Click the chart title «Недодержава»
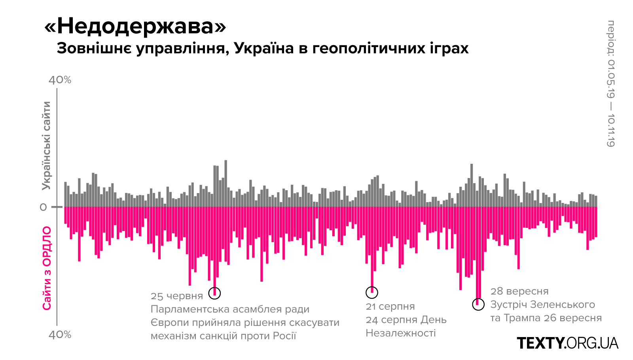point(135,27)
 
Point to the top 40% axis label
point(60,80)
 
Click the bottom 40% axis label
point(60,335)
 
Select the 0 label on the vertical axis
point(43,207)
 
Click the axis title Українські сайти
point(47,146)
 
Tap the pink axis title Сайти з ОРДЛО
point(47,268)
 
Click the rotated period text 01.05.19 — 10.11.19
point(611,84)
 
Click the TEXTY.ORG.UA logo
point(567,343)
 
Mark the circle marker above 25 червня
point(214,294)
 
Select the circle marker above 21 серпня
point(372,292)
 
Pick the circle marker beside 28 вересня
point(478,305)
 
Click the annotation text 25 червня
point(177,296)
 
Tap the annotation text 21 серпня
point(390,307)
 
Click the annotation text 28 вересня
point(519,292)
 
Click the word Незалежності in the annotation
point(400,333)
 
